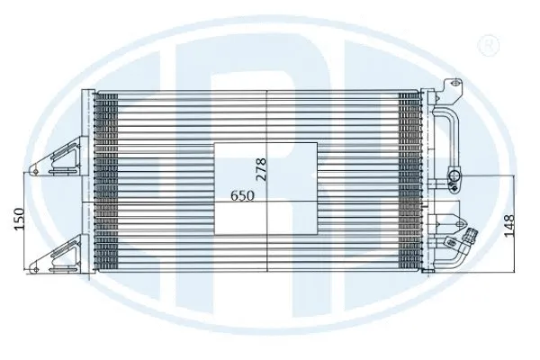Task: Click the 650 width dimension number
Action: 242,194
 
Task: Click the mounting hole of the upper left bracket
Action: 35,166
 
